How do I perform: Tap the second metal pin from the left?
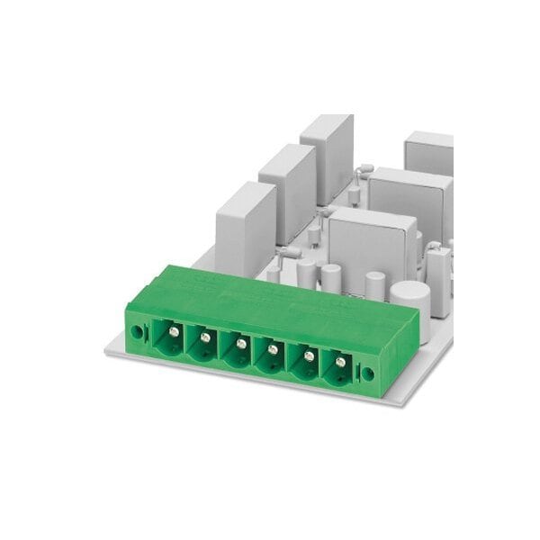tap(205, 337)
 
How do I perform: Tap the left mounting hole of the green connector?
tap(137, 331)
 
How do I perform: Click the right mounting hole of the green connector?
tap(367, 373)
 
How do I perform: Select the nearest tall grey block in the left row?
tap(245, 227)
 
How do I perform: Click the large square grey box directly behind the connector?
tap(371, 245)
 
